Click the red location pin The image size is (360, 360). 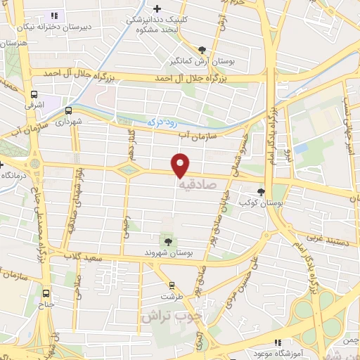(181, 165)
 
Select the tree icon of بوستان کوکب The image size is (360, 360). (261, 192)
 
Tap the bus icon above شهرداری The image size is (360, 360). (68, 110)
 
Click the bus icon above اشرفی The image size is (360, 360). (34, 94)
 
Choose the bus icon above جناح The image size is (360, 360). (46, 294)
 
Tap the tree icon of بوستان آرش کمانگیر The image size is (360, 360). (203, 49)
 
